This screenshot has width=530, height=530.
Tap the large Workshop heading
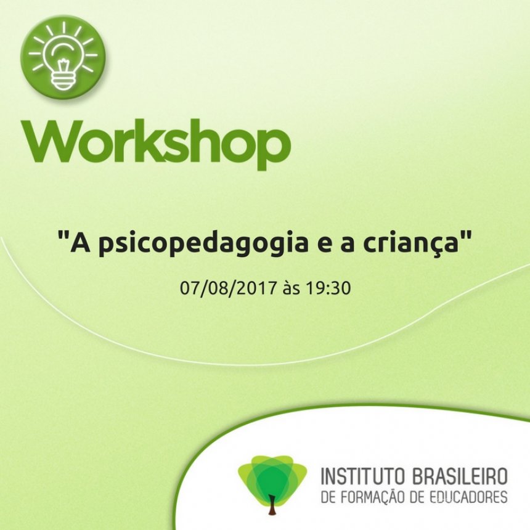(156, 145)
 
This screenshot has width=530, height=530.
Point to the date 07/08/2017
(227, 288)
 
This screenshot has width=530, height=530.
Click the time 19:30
(328, 288)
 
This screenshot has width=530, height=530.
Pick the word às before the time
(291, 288)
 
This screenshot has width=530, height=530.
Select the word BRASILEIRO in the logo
(460, 476)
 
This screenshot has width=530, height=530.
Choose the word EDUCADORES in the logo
(470, 497)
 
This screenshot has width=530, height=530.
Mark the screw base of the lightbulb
(63, 81)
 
